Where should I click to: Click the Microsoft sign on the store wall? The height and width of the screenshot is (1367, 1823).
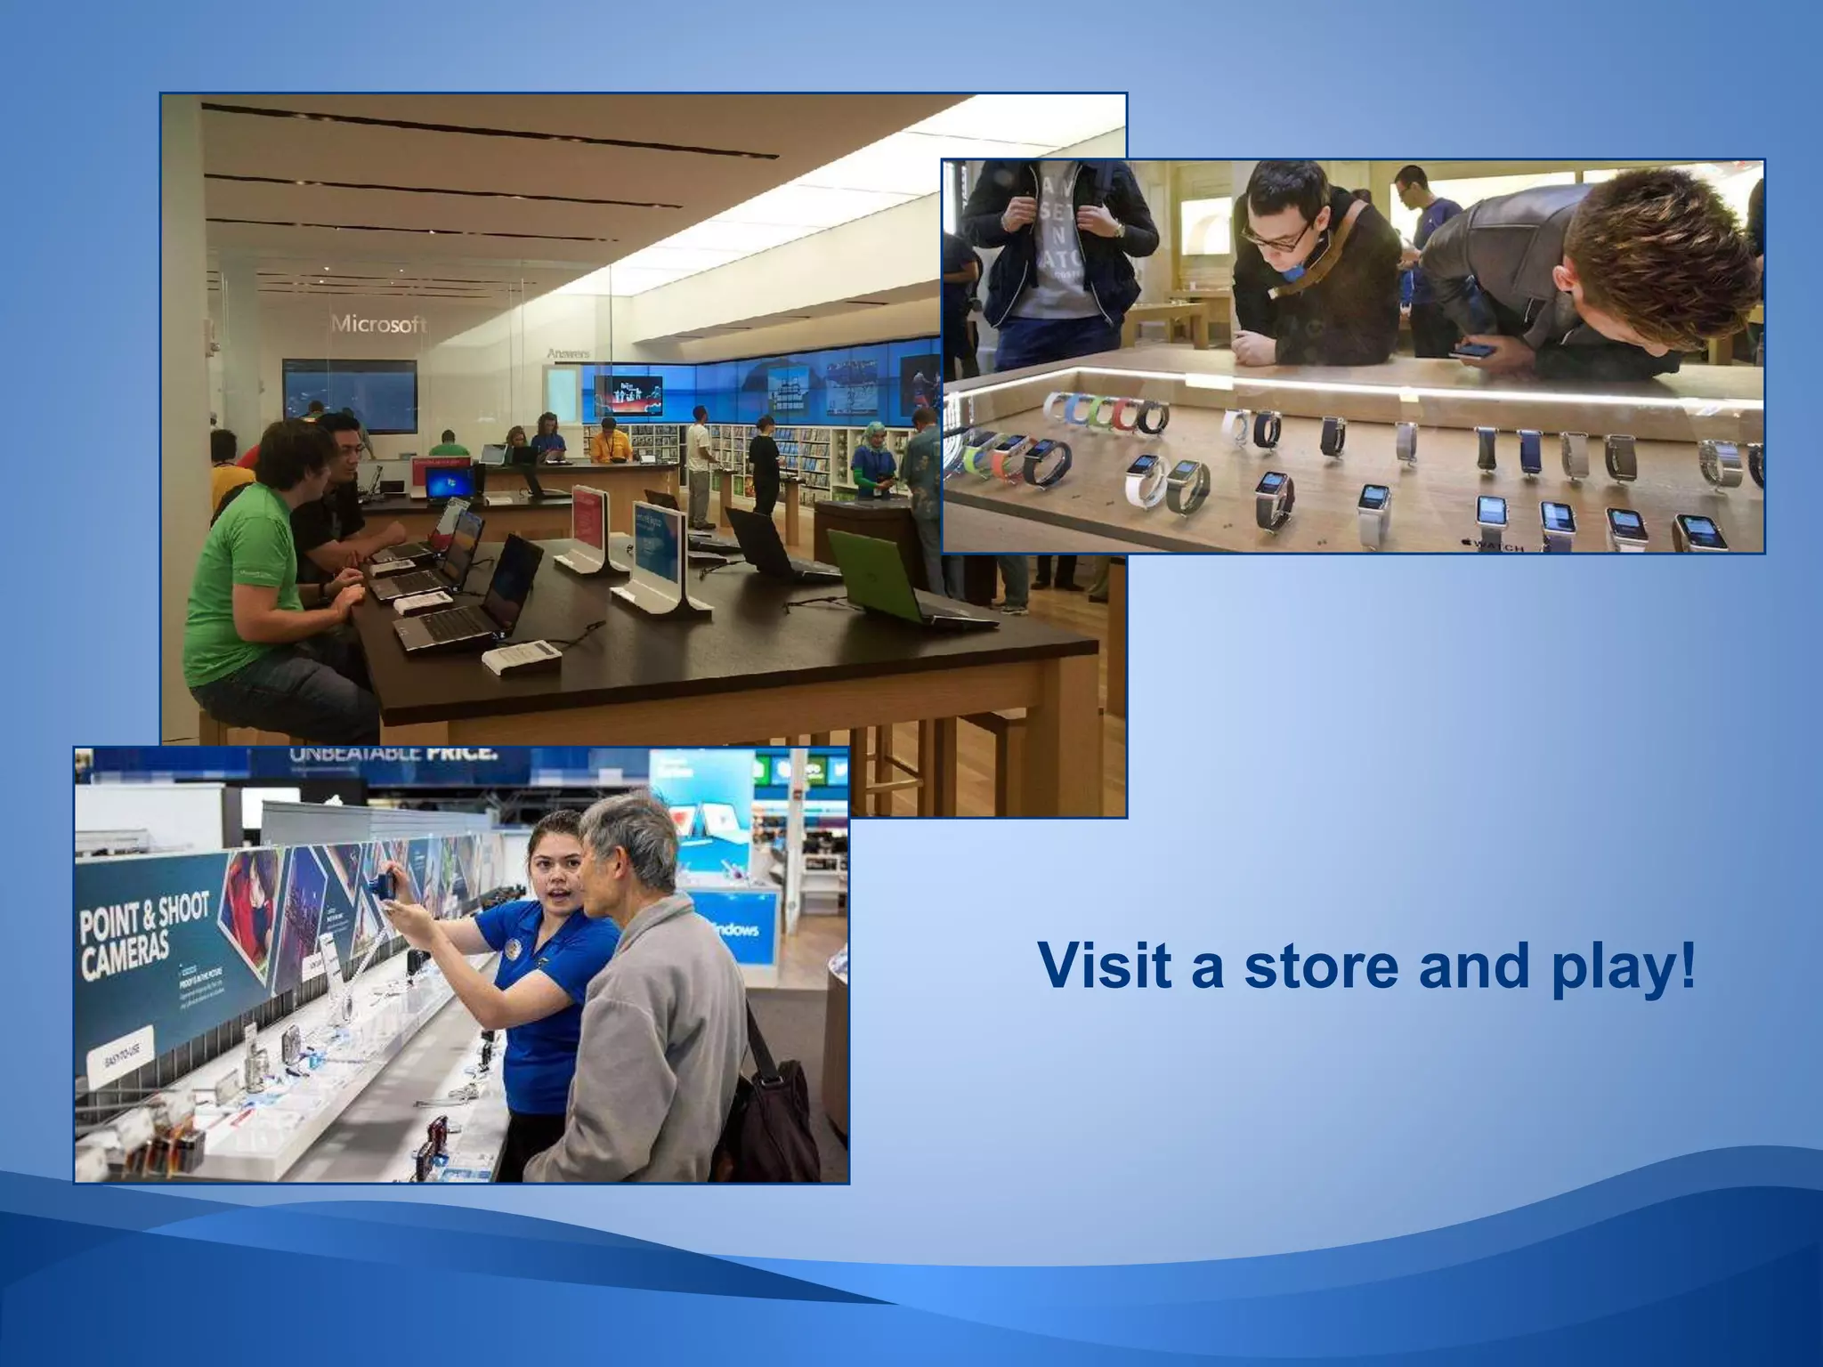point(379,324)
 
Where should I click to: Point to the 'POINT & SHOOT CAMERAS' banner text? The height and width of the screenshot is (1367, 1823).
point(142,934)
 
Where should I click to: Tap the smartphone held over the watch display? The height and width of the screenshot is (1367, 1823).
point(1474,349)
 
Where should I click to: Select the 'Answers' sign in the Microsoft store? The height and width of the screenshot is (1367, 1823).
point(568,354)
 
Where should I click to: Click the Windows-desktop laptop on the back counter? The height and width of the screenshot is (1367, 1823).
point(450,484)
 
